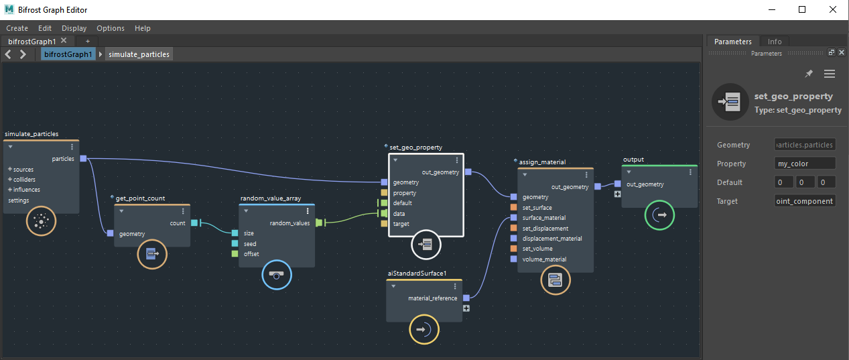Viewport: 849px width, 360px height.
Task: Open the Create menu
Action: (x=17, y=28)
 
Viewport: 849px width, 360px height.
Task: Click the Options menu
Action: (x=111, y=28)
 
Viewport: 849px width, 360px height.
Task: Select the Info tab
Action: (x=774, y=42)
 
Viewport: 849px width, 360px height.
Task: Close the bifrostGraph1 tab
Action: (x=64, y=41)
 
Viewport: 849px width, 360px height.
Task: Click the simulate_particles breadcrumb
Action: (x=139, y=54)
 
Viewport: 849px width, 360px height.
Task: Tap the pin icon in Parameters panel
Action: (x=809, y=74)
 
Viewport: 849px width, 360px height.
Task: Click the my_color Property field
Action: (x=805, y=164)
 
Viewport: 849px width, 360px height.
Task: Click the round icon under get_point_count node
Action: (x=152, y=254)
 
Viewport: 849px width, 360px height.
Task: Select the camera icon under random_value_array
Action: (x=277, y=274)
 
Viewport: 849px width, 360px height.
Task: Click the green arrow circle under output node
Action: (x=659, y=215)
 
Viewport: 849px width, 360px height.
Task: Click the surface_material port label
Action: (x=544, y=218)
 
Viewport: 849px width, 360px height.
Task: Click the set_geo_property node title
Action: (x=415, y=147)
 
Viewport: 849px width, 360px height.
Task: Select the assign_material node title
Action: (x=542, y=162)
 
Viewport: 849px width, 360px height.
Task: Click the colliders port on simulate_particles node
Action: (x=24, y=180)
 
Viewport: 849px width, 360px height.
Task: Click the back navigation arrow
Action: (x=9, y=54)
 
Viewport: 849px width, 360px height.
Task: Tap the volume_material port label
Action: (x=544, y=259)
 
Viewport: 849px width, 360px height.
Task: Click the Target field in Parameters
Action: (x=805, y=201)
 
